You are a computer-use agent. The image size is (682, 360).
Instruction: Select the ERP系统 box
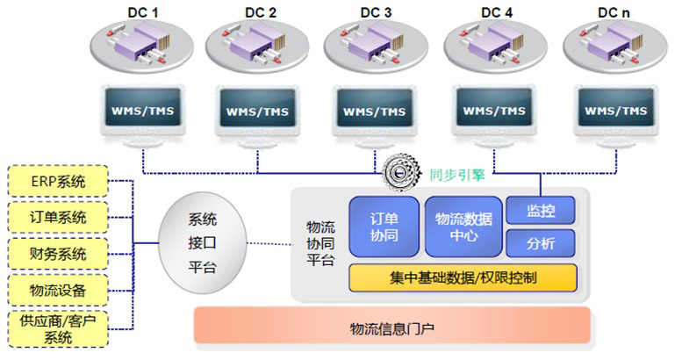[x=59, y=182]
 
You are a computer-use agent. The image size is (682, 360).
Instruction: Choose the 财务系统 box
[x=59, y=254]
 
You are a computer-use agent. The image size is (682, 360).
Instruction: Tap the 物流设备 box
[x=59, y=290]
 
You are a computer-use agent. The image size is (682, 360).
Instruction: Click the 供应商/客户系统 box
[x=59, y=329]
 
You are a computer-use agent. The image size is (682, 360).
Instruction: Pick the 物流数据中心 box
[x=463, y=226]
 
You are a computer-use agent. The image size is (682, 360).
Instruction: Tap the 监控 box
[x=541, y=210]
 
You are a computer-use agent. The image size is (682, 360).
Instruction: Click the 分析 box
[x=541, y=243]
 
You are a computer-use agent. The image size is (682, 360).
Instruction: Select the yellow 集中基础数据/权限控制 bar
[x=463, y=277]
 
